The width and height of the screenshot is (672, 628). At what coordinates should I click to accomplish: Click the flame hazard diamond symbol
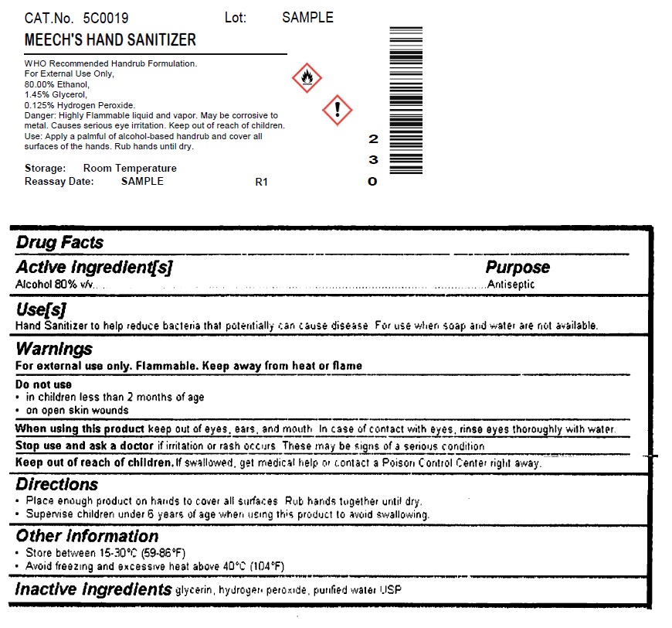click(x=307, y=77)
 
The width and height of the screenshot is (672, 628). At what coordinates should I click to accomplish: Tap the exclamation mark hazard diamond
click(x=337, y=110)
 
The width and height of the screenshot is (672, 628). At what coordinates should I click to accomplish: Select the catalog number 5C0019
click(x=106, y=18)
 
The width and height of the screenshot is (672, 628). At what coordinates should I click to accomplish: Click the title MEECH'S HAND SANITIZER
click(x=110, y=39)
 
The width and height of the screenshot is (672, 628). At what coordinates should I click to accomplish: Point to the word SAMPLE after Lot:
click(x=307, y=18)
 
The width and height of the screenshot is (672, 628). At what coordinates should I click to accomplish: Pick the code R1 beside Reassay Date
click(x=261, y=183)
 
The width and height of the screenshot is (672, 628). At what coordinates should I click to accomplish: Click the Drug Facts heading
click(x=60, y=243)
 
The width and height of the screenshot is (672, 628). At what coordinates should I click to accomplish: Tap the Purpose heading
click(x=518, y=268)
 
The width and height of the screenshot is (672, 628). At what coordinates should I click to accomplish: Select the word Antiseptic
click(x=511, y=285)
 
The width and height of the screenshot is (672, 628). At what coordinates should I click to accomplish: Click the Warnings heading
click(x=54, y=349)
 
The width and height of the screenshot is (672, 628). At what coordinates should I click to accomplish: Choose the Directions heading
click(x=57, y=485)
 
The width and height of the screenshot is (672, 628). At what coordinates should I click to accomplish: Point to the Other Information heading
click(x=87, y=536)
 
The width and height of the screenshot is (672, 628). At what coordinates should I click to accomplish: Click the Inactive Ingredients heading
click(x=93, y=589)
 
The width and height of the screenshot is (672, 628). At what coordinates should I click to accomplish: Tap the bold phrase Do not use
click(x=44, y=384)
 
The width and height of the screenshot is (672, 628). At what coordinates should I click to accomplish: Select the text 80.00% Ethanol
click(x=57, y=84)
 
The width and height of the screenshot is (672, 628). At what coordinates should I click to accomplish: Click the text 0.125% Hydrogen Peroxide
click(x=80, y=105)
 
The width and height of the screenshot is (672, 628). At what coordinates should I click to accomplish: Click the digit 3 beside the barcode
click(x=373, y=160)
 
